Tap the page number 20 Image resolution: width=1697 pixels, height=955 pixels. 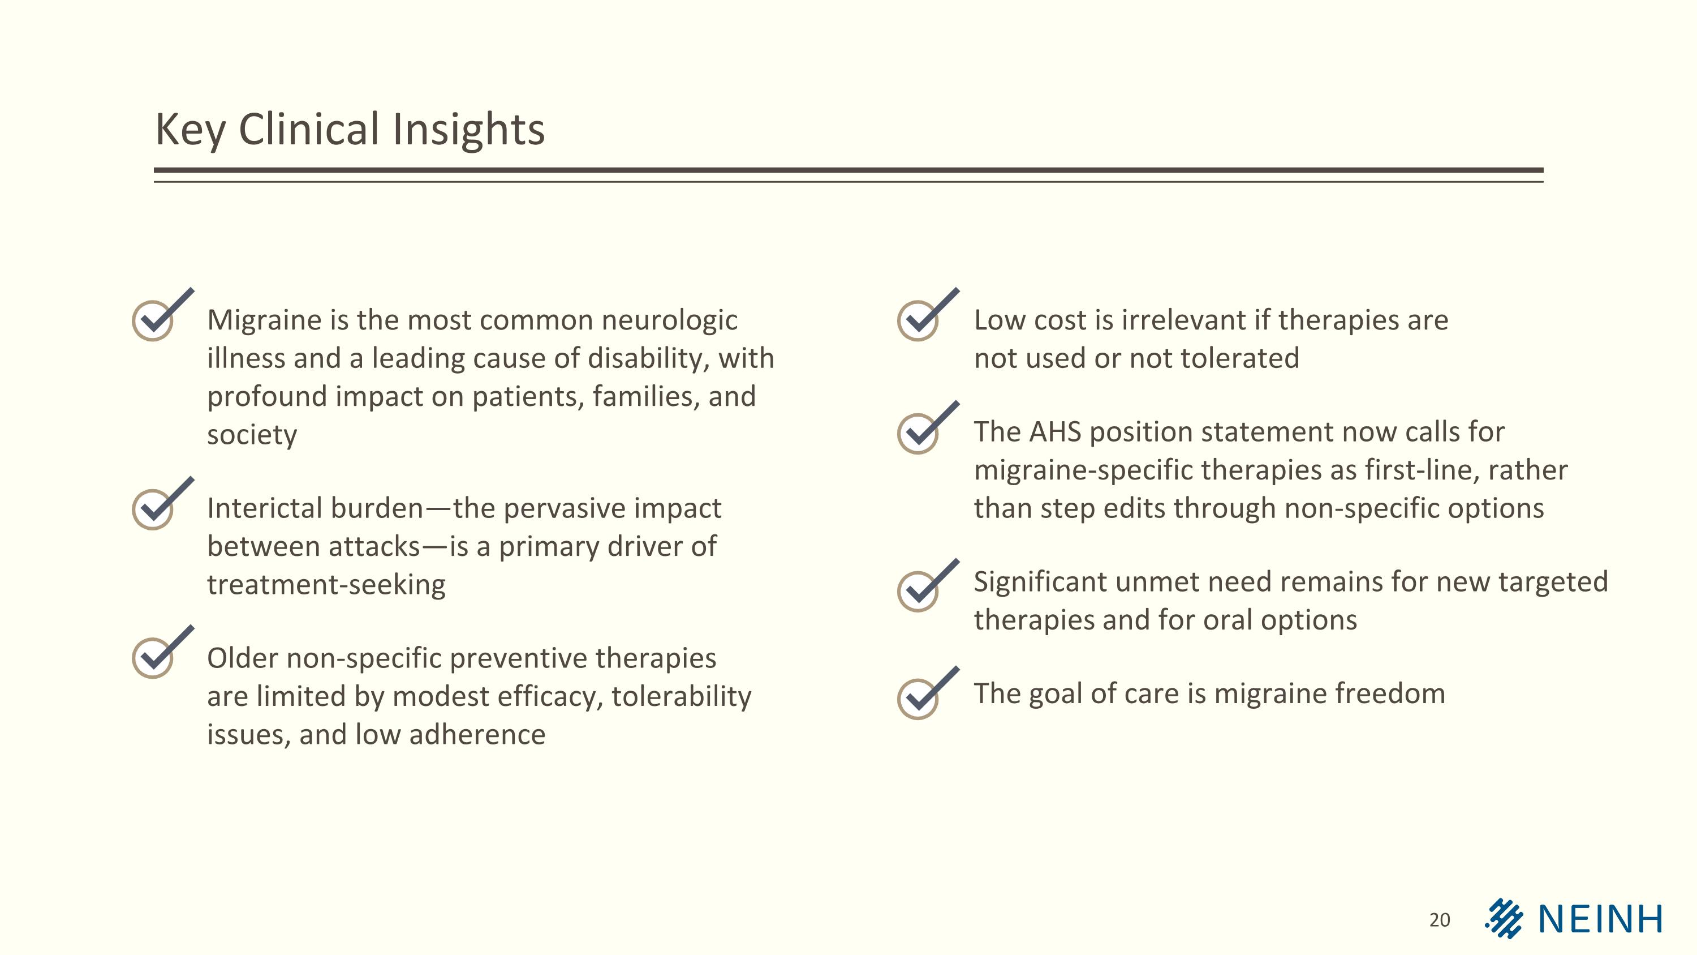click(x=1440, y=919)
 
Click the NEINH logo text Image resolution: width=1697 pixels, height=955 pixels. click(x=1600, y=919)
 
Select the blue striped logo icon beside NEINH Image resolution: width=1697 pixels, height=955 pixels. click(x=1504, y=918)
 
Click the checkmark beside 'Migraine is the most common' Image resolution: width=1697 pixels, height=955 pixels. click(x=158, y=316)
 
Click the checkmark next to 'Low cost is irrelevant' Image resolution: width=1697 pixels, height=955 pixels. click(x=924, y=316)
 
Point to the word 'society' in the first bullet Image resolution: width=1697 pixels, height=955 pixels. click(x=252, y=435)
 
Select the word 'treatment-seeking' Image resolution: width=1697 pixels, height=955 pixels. click(x=326, y=585)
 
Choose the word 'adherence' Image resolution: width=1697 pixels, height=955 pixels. click(x=477, y=734)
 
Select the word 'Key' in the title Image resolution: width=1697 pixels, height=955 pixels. click(x=189, y=130)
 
